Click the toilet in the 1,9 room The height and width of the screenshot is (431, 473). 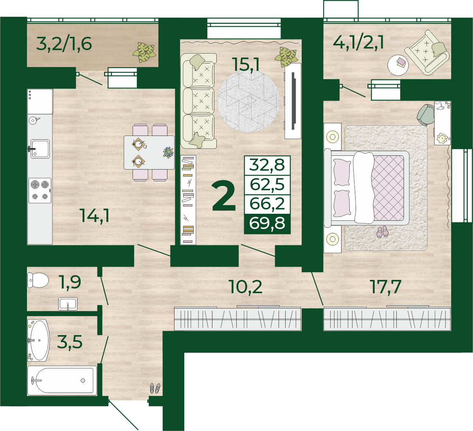click(x=38, y=280)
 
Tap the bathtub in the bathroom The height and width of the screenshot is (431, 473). click(x=62, y=381)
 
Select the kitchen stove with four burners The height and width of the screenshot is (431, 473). click(x=40, y=191)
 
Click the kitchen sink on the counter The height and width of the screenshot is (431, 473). click(x=40, y=149)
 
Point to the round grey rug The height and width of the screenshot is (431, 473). click(x=248, y=101)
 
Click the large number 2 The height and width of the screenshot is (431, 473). click(x=224, y=196)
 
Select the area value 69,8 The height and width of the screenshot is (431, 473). click(x=267, y=223)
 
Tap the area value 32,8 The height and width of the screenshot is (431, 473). click(x=267, y=165)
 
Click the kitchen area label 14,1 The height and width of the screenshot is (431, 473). click(x=95, y=216)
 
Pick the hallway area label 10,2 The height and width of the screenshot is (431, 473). click(x=246, y=287)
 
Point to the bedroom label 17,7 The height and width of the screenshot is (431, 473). click(x=386, y=287)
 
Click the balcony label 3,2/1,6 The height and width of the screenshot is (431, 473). click(x=64, y=44)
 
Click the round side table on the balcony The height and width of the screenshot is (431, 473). click(x=398, y=65)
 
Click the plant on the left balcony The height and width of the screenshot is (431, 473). click(x=144, y=52)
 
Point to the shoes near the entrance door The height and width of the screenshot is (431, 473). click(x=155, y=388)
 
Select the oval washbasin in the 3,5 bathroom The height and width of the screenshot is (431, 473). click(x=39, y=340)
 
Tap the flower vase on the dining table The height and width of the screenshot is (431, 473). click(x=168, y=152)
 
